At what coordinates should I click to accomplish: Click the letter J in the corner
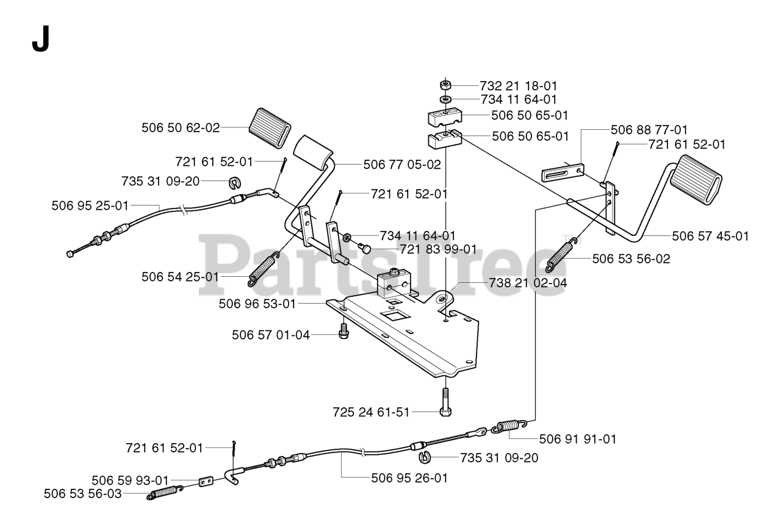[40, 40]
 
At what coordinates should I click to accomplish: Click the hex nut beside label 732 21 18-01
[445, 85]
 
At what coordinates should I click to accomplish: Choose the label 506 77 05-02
[401, 164]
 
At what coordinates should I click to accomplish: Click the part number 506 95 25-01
[90, 206]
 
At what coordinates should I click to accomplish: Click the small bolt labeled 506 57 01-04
[344, 332]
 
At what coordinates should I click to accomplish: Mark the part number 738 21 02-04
[528, 283]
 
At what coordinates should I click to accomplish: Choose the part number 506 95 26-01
[409, 478]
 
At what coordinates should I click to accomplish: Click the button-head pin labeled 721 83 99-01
[365, 248]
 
